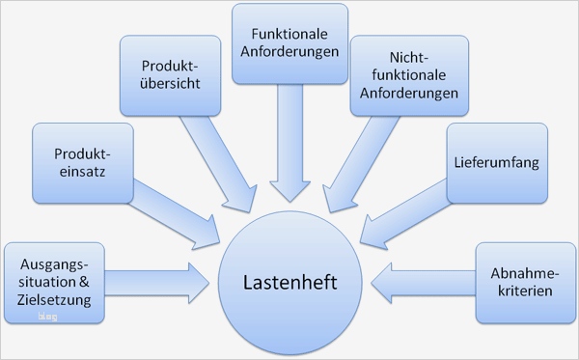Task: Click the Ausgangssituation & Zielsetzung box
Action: [x=53, y=282]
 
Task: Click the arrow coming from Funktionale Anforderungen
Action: [x=289, y=145]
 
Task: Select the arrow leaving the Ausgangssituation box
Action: [x=159, y=282]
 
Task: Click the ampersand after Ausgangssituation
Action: [x=83, y=282]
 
